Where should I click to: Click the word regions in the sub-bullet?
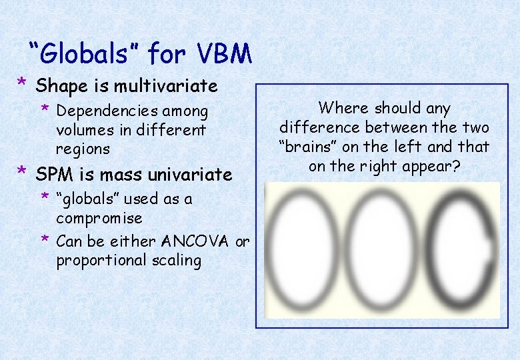[x=83, y=148]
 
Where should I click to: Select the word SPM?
[x=53, y=175]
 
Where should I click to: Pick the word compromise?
[x=99, y=219]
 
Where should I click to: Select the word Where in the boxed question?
[x=343, y=108]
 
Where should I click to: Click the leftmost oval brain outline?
[x=301, y=250]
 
